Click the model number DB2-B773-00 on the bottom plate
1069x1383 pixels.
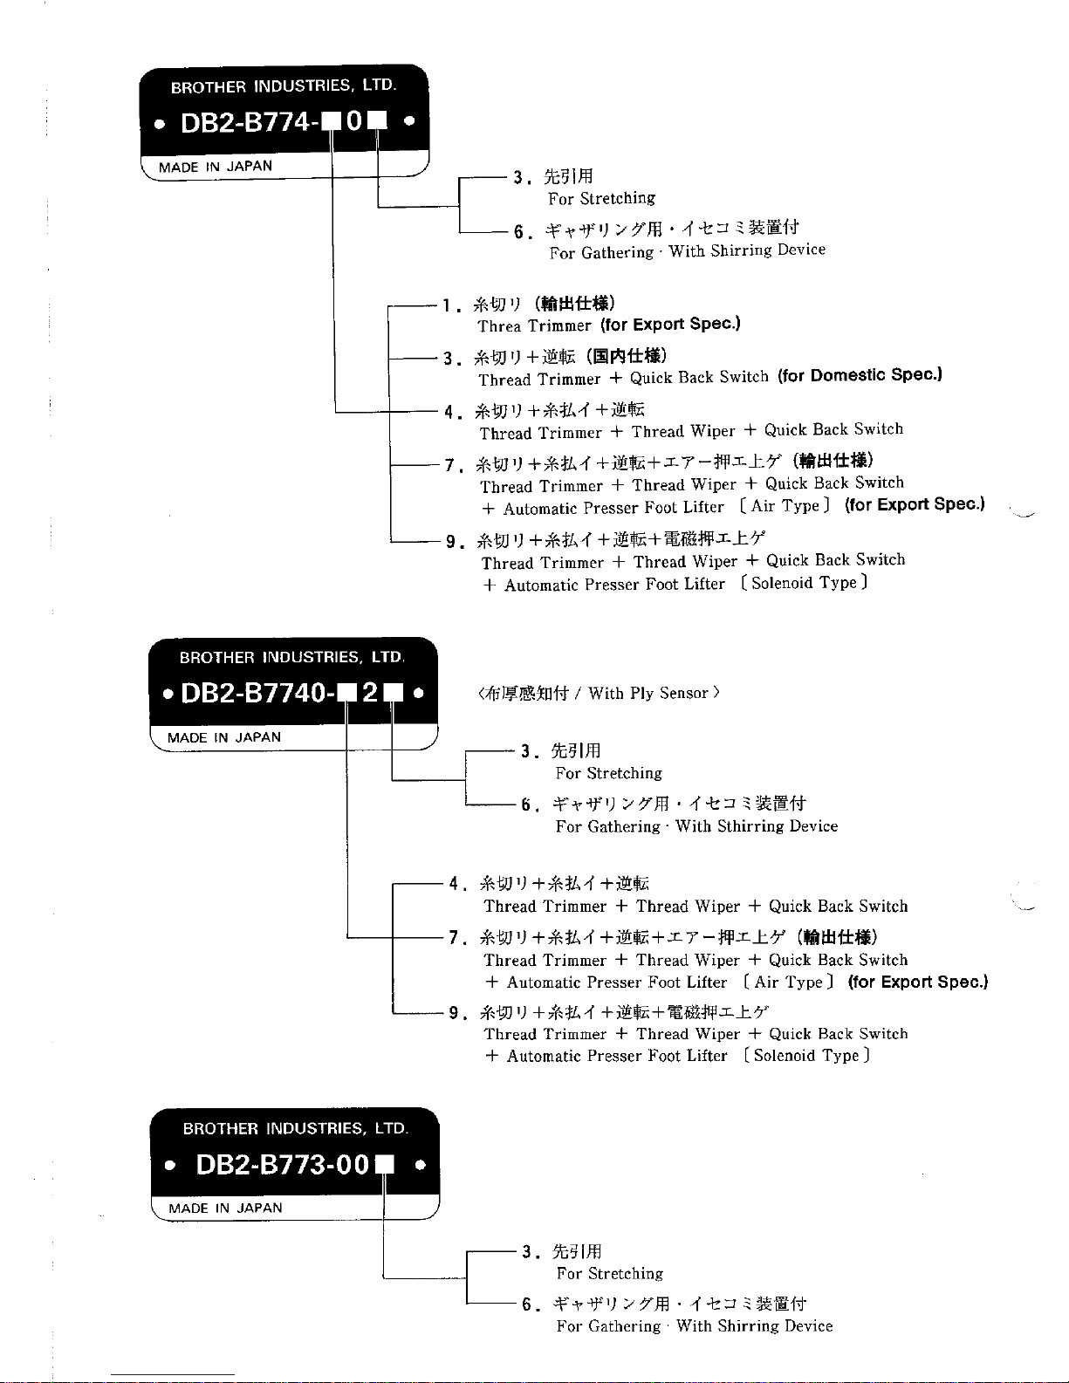[x=284, y=1165]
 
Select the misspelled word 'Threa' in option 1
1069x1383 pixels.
[x=499, y=326]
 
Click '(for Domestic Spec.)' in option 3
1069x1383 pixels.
[x=860, y=376]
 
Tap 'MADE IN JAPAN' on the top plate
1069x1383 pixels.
[x=216, y=166]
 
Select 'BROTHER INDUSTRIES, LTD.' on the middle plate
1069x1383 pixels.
[x=291, y=657]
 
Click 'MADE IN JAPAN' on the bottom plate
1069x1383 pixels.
[x=225, y=1208]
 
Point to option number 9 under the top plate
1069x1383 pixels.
[x=450, y=542]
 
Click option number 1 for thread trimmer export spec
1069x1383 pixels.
[x=446, y=306]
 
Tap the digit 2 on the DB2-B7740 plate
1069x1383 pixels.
[x=370, y=693]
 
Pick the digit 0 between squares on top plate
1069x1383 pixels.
[x=353, y=122]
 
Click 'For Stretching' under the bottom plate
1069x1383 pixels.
[x=610, y=1274]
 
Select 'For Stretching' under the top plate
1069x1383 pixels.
[x=601, y=199]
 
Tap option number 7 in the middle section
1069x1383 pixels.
[x=454, y=938]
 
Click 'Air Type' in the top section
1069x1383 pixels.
[x=785, y=506]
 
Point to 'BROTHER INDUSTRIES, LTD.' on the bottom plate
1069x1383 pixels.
[x=295, y=1128]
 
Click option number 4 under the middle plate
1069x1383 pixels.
[x=454, y=884]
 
